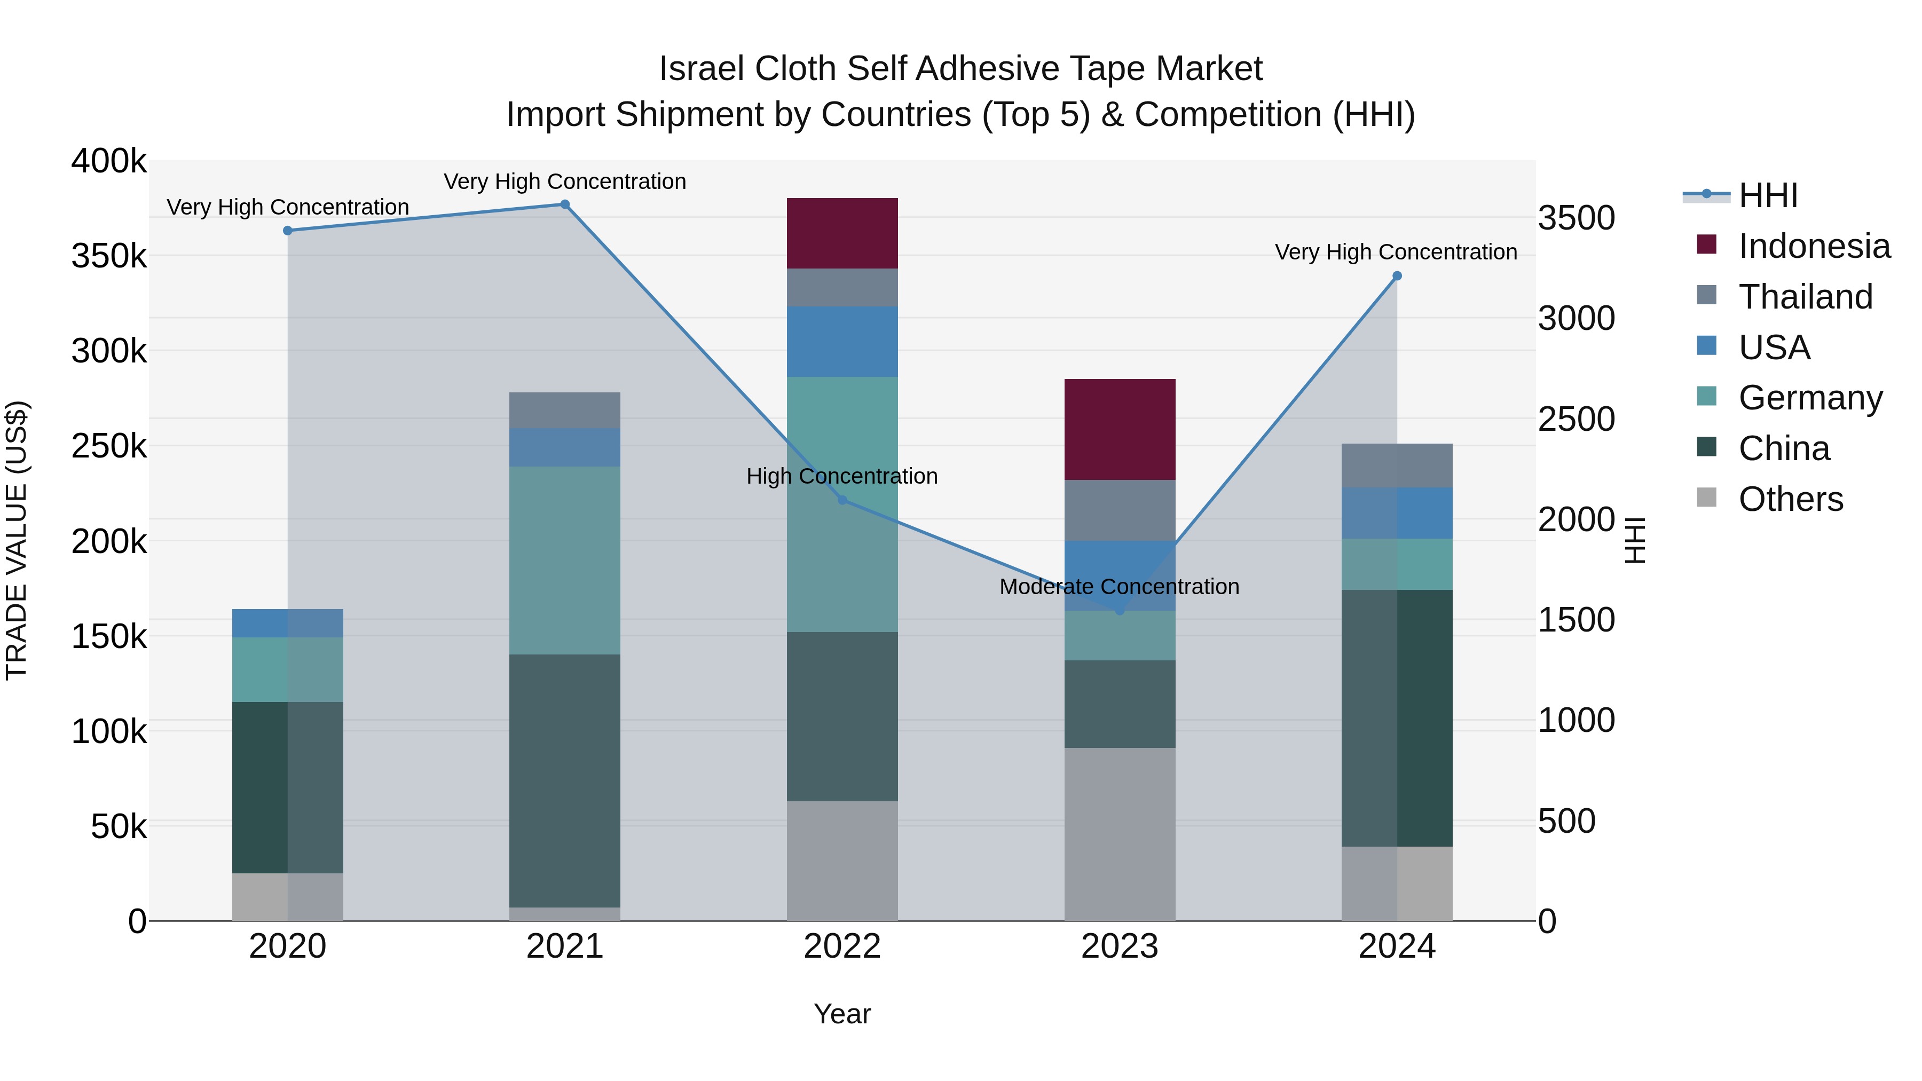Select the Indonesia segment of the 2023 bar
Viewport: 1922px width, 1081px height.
[1119, 429]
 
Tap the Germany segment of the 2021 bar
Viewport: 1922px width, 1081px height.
[565, 561]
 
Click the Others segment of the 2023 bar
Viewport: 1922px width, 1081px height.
[1119, 833]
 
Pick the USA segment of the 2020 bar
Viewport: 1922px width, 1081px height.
[287, 623]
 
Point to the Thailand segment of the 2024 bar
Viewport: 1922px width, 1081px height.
[1397, 465]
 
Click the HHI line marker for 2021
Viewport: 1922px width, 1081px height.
[565, 204]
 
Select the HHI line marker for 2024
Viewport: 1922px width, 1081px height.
[1397, 276]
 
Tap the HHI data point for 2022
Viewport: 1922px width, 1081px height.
[842, 500]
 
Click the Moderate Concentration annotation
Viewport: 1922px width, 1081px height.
[1119, 587]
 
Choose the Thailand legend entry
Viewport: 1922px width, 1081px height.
[1806, 297]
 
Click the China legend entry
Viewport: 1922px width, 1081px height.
[1783, 448]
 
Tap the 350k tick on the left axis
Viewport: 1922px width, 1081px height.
[109, 256]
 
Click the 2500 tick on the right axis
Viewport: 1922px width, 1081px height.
[1576, 419]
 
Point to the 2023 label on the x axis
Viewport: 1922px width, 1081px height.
[1119, 946]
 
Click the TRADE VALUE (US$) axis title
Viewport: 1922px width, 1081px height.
[17, 540]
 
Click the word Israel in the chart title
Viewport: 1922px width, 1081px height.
[702, 69]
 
